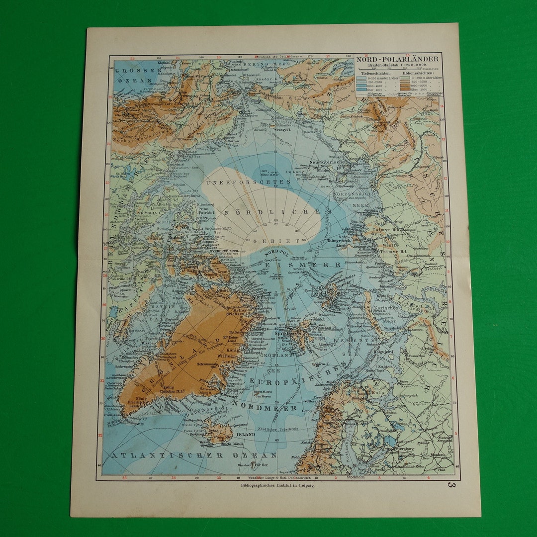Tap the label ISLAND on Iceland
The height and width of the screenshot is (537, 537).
pyautogui.click(x=245, y=434)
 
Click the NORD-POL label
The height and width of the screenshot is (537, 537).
pyautogui.click(x=277, y=254)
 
